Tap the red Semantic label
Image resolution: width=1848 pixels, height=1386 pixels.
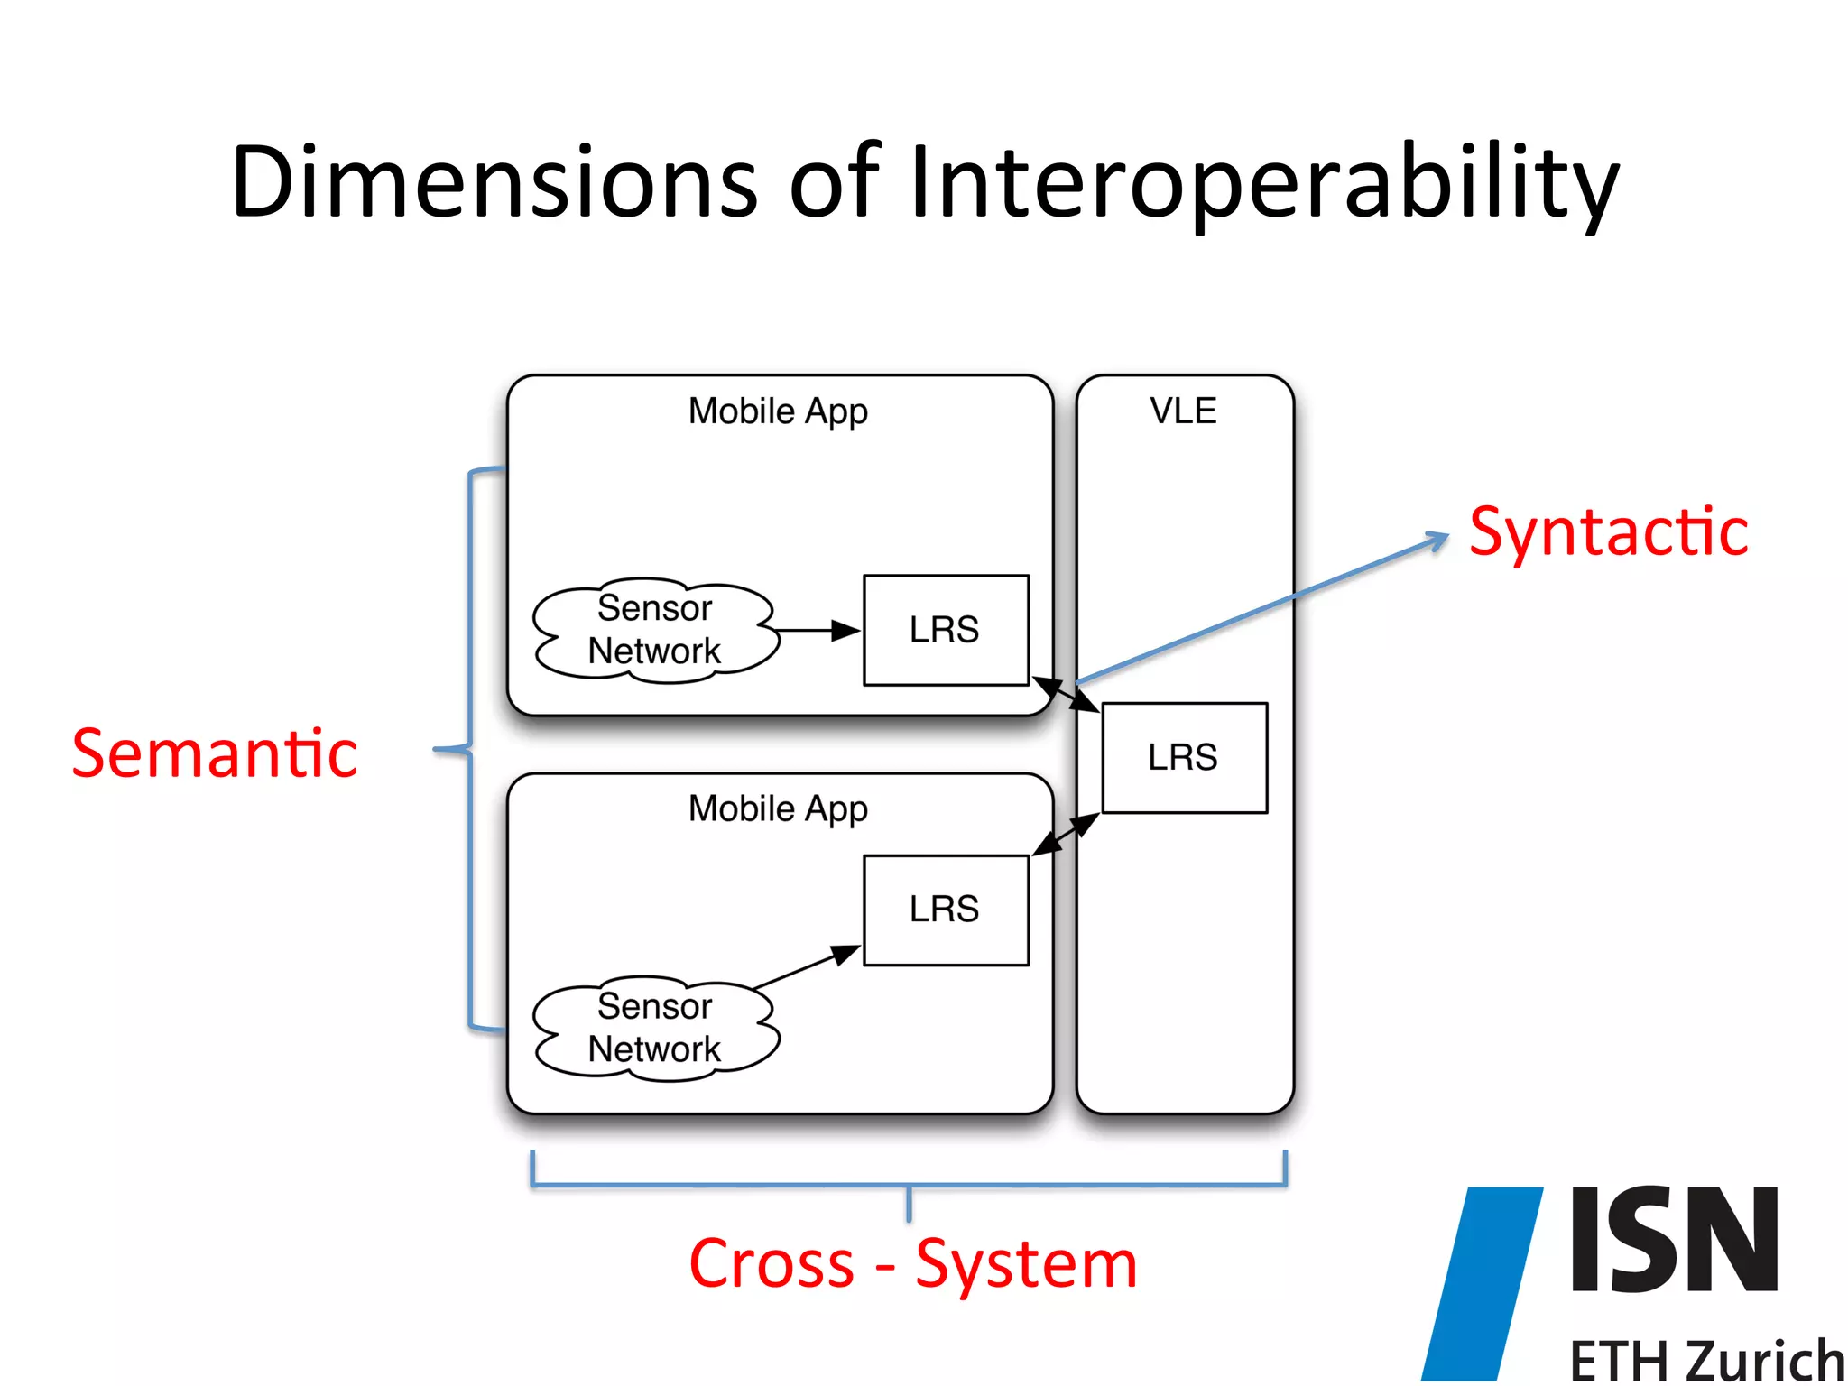pyautogui.click(x=215, y=754)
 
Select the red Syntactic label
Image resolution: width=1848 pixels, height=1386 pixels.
pyautogui.click(x=1608, y=532)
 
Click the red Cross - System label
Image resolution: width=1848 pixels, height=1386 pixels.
pyautogui.click(x=912, y=1263)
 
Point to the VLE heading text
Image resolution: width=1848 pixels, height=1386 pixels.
pyautogui.click(x=1183, y=411)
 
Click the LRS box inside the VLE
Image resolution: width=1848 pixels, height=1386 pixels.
pyautogui.click(x=1184, y=758)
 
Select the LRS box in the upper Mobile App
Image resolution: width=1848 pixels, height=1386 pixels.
pyautogui.click(x=946, y=630)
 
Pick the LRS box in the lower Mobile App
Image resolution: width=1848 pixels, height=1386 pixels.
pyautogui.click(x=946, y=910)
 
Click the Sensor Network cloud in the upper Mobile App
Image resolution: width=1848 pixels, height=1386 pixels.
pyautogui.click(x=655, y=630)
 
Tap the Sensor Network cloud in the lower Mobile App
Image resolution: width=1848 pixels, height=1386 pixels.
pyautogui.click(x=655, y=1029)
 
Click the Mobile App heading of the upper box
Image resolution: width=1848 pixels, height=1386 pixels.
pyautogui.click(x=778, y=411)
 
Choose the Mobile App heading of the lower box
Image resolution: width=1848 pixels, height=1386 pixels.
pyautogui.click(x=778, y=809)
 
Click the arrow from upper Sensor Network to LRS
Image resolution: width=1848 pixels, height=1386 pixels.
pyautogui.click(x=818, y=630)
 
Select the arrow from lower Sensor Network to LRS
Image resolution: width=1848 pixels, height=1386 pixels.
pyautogui.click(x=806, y=967)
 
